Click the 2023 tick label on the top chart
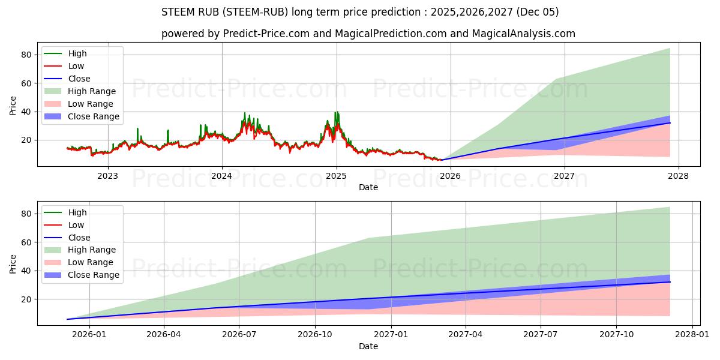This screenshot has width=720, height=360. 107,176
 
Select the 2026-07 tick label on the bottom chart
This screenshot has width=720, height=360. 239,335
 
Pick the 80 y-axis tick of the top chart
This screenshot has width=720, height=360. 26,55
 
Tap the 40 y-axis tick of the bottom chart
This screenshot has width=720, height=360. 26,271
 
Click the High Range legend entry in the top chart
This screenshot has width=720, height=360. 92,91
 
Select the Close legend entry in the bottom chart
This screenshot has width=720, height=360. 79,238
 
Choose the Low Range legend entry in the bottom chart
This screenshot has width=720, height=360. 91,263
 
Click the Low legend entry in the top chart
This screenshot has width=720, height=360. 76,66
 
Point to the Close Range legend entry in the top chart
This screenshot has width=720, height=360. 93,116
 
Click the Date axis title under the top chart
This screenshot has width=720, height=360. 368,187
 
